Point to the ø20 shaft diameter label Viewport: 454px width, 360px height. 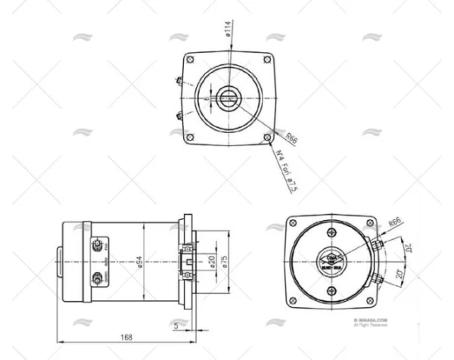point(212,262)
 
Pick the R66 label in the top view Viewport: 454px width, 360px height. point(291,138)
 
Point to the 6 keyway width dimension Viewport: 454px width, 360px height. point(207,98)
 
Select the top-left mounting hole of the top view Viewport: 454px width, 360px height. point(190,60)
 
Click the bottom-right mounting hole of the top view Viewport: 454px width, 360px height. point(266,137)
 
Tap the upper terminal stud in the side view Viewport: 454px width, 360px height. point(97,244)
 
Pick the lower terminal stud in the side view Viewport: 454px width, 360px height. point(97,278)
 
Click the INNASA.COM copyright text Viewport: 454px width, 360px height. point(370,321)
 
